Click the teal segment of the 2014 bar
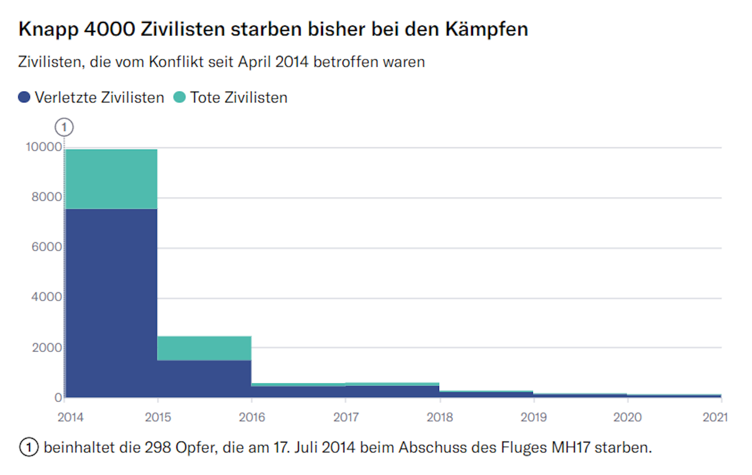click(x=111, y=179)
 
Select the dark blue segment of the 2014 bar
click(x=111, y=303)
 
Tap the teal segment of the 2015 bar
click(x=204, y=348)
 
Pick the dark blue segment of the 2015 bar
click(x=204, y=378)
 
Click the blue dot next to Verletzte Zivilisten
click(x=24, y=97)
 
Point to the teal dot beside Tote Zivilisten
click(x=179, y=97)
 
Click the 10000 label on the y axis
click(x=44, y=147)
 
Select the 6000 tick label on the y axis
click(x=47, y=247)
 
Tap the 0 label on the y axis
click(x=58, y=397)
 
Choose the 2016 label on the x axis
click(x=252, y=417)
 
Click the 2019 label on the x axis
click(x=534, y=417)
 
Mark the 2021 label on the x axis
click(x=715, y=417)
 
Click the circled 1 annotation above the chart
click(x=64, y=127)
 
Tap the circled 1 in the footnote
click(x=29, y=447)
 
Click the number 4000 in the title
click(x=109, y=29)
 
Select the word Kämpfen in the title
click(x=487, y=29)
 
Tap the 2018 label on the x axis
click(x=440, y=417)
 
